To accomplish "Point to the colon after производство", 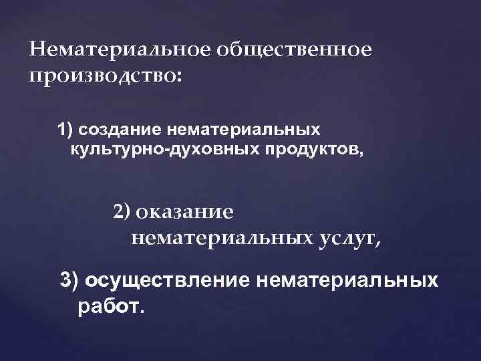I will [x=176, y=76].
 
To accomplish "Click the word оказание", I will [x=184, y=213].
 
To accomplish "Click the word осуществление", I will [x=168, y=281].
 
